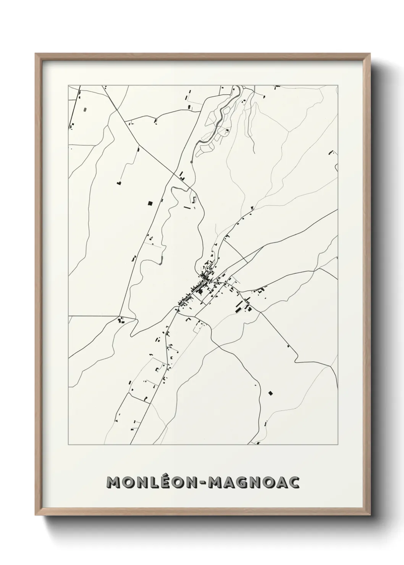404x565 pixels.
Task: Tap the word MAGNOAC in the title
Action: click(253, 483)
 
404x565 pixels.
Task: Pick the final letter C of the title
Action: click(294, 483)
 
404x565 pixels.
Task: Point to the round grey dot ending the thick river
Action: click(191, 161)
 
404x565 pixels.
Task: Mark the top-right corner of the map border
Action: click(338, 85)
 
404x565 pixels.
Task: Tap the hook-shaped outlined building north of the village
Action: click(194, 199)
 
